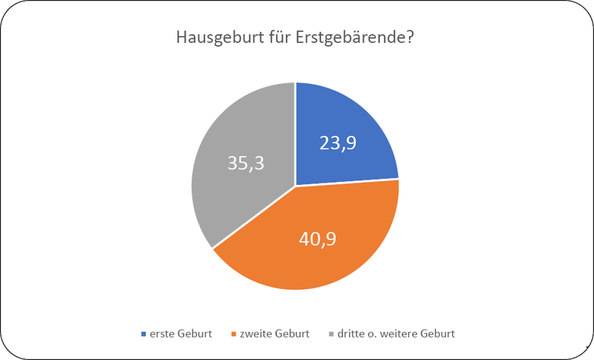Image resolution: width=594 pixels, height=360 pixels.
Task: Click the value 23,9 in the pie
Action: click(x=338, y=143)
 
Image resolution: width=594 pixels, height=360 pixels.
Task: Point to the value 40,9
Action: click(x=318, y=239)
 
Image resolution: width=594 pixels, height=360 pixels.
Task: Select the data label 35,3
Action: click(x=246, y=163)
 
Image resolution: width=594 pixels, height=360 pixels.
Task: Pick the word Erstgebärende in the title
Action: click(x=349, y=39)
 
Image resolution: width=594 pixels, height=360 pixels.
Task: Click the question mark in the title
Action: click(x=408, y=37)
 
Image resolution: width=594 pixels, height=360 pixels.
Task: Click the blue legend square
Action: click(x=143, y=334)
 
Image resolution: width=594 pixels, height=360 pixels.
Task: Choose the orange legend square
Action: click(x=233, y=334)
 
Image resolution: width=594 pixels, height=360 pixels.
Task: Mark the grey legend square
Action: click(x=331, y=334)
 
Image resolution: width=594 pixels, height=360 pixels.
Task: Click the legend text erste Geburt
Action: click(x=180, y=333)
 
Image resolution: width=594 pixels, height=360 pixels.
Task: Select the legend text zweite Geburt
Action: click(x=275, y=333)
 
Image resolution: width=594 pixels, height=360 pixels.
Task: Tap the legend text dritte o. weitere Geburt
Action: click(x=396, y=333)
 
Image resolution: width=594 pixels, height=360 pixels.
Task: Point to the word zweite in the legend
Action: click(x=256, y=333)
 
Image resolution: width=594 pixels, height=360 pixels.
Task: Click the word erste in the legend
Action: click(x=160, y=334)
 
